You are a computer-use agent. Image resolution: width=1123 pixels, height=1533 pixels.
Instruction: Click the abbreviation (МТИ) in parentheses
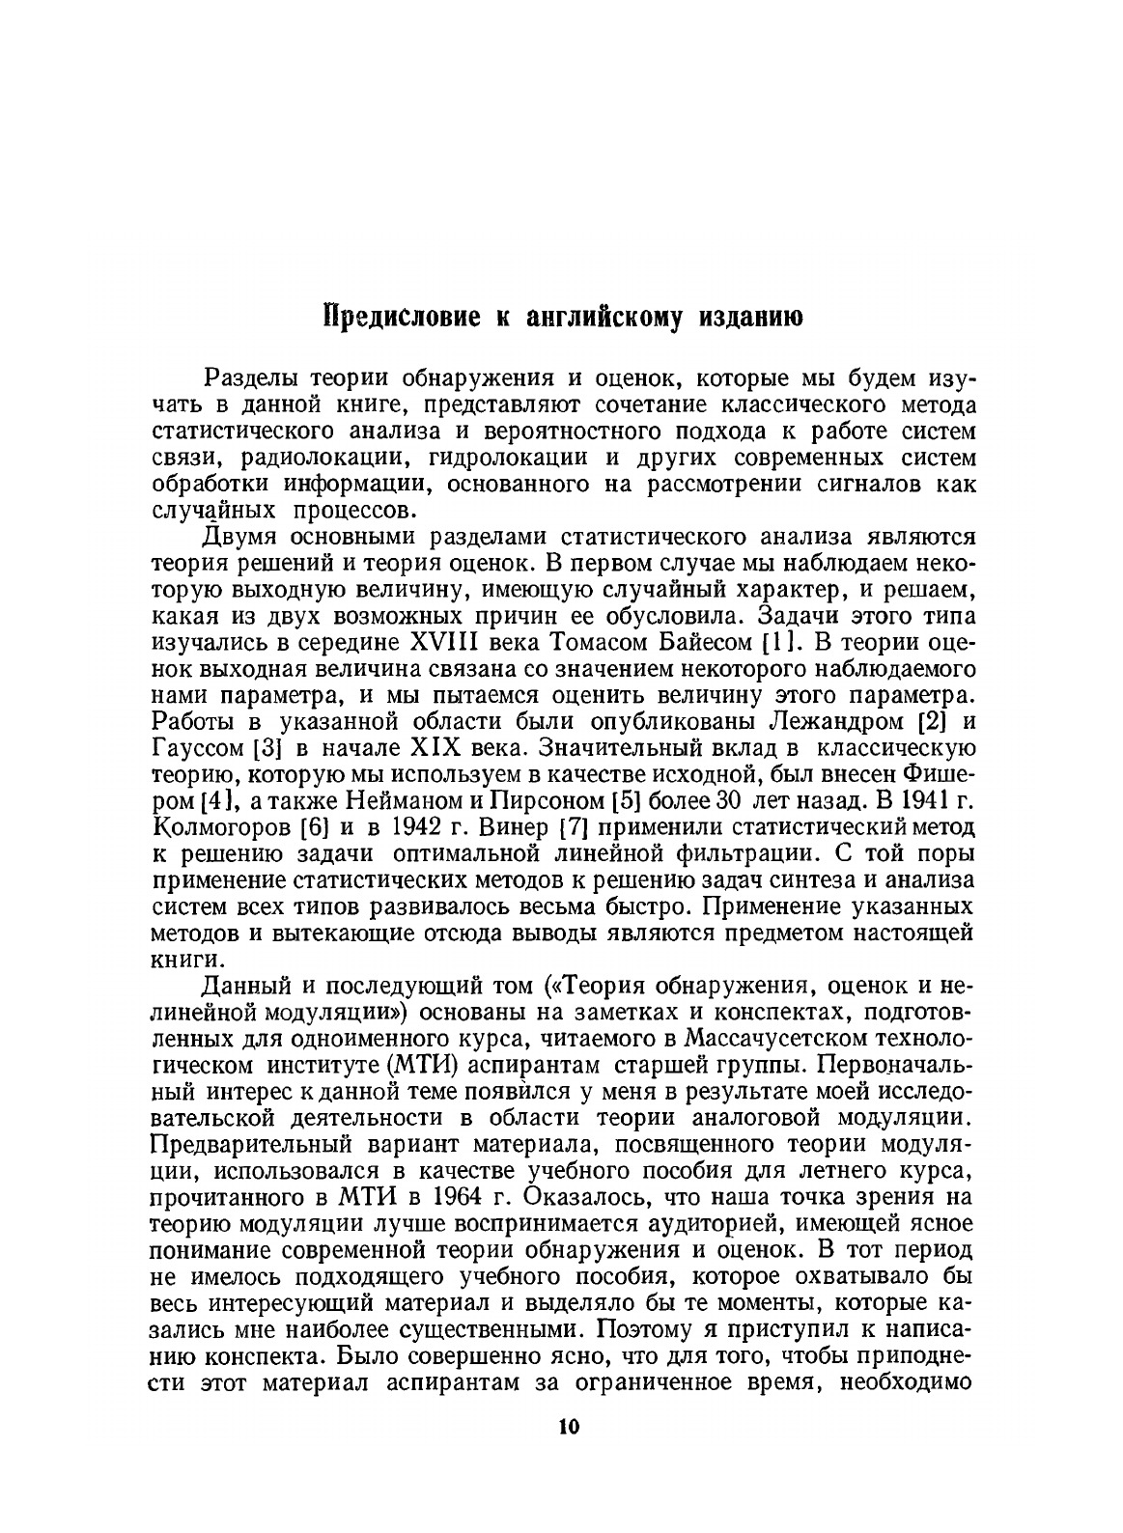[402, 1065]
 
